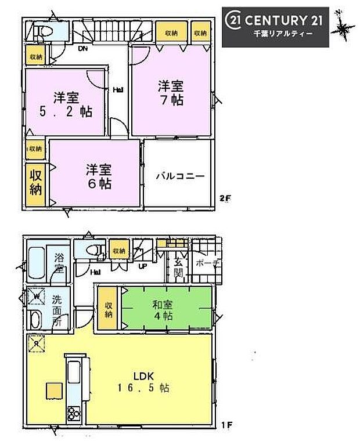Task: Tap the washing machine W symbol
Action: point(35,296)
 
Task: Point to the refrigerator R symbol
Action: point(35,343)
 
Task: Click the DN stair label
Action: point(83,49)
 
